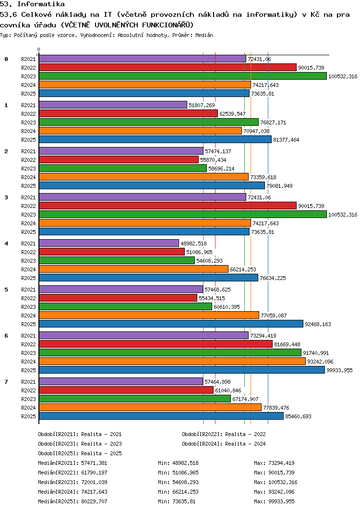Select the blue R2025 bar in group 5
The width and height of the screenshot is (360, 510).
pos(171,324)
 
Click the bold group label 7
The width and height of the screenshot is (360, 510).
pos(6,382)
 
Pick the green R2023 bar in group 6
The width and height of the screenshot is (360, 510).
pos(170,353)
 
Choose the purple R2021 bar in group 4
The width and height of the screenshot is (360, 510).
pos(109,243)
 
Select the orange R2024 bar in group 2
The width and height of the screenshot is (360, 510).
pos(144,177)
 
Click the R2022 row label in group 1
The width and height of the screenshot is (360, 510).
pos(29,114)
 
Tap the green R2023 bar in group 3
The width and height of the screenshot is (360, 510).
pos(182,215)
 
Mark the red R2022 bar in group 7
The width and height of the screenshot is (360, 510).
pos(126,390)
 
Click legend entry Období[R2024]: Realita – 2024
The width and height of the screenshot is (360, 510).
pos(224,444)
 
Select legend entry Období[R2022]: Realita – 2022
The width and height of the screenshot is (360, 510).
pos(224,434)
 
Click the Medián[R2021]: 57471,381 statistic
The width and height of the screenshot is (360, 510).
pos(72,463)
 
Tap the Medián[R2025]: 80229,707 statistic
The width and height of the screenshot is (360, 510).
pos(72,501)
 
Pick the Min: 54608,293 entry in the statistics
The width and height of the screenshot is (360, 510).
pos(178,482)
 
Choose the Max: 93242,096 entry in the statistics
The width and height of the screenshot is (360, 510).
pos(275,492)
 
